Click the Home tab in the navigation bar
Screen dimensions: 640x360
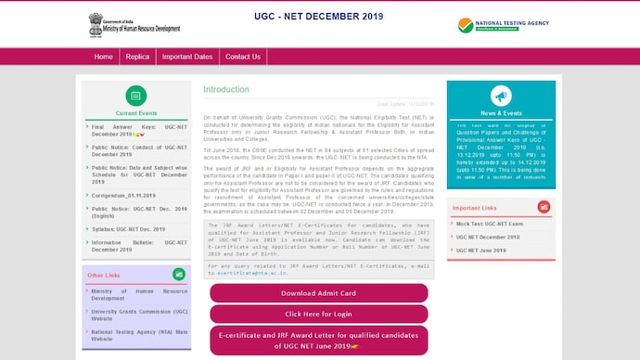point(103,57)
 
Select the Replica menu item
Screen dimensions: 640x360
point(137,57)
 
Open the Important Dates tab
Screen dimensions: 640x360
point(186,57)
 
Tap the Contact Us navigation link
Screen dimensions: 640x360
point(242,57)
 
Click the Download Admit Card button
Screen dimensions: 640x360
point(318,293)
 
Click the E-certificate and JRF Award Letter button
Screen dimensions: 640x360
point(318,339)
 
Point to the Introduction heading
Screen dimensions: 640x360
point(226,90)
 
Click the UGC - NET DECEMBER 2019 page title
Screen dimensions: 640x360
point(319,17)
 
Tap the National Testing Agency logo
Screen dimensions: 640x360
point(503,25)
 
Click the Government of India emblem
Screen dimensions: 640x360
point(96,22)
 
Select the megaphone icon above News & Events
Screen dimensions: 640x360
point(501,96)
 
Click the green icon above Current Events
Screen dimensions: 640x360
point(129,96)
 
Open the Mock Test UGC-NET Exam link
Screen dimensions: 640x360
point(489,225)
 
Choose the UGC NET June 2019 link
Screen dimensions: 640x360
point(480,251)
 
